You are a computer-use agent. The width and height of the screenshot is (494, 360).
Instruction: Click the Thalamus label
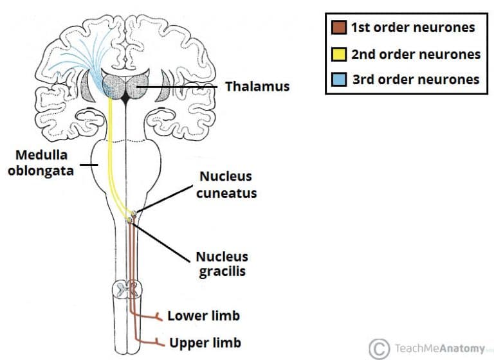[257, 85]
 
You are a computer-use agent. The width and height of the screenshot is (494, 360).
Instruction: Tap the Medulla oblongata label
[40, 163]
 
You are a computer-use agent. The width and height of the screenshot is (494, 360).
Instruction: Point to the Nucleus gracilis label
[222, 264]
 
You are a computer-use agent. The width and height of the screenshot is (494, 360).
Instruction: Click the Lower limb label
[203, 316]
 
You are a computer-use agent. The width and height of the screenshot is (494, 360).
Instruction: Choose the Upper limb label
[205, 342]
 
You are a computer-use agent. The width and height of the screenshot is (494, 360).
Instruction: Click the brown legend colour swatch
[339, 28]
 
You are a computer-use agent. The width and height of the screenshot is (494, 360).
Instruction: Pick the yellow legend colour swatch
[339, 54]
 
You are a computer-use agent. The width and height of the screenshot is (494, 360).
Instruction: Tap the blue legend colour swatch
[339, 80]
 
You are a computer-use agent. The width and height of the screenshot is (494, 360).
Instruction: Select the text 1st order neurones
[413, 28]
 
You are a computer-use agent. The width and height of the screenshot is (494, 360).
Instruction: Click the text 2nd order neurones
[416, 54]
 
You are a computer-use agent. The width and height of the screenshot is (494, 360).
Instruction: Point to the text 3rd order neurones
[416, 80]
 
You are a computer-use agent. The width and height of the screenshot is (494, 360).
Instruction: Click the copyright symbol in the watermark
[380, 348]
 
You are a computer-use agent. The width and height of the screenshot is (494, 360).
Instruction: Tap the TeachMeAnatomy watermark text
[437, 348]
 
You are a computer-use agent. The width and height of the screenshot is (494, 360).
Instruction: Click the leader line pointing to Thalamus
[187, 85]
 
